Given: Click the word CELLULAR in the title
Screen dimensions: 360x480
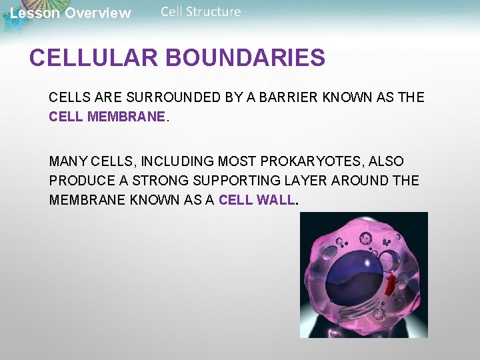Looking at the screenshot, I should click(x=94, y=58).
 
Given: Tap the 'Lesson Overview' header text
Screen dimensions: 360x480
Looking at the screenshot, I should click(x=71, y=13).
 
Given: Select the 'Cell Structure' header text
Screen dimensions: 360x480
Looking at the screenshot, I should click(x=201, y=12).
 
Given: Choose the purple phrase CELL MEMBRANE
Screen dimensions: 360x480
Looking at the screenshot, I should click(x=107, y=117).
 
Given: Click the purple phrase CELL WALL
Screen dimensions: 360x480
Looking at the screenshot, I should click(x=256, y=200).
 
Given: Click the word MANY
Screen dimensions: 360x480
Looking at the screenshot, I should click(x=68, y=161).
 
